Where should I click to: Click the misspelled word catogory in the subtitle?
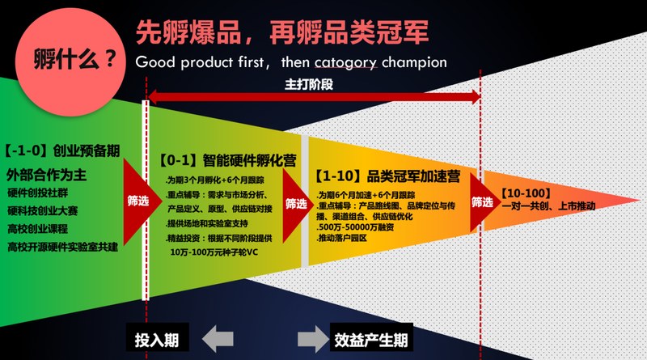tap(346, 63)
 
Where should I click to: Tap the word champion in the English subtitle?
tap(414, 63)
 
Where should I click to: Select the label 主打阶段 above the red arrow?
tap(309, 84)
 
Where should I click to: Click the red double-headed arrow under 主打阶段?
tap(314, 98)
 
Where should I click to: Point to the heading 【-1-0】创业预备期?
tap(62, 150)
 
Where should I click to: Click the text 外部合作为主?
tap(46, 175)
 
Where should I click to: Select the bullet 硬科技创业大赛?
tap(43, 210)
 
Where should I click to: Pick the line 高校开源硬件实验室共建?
tap(63, 247)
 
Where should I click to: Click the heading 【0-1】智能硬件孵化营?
tap(228, 161)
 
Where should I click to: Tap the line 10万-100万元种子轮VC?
tap(214, 252)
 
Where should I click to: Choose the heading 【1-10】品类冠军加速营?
tap(387, 176)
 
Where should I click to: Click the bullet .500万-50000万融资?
tap(355, 227)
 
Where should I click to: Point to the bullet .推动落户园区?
tap(341, 238)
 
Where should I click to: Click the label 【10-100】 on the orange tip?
tap(526, 193)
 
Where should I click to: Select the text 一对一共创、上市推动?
tap(549, 205)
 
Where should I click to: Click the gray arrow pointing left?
tap(218, 339)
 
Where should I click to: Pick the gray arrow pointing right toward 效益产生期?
tap(313, 339)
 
